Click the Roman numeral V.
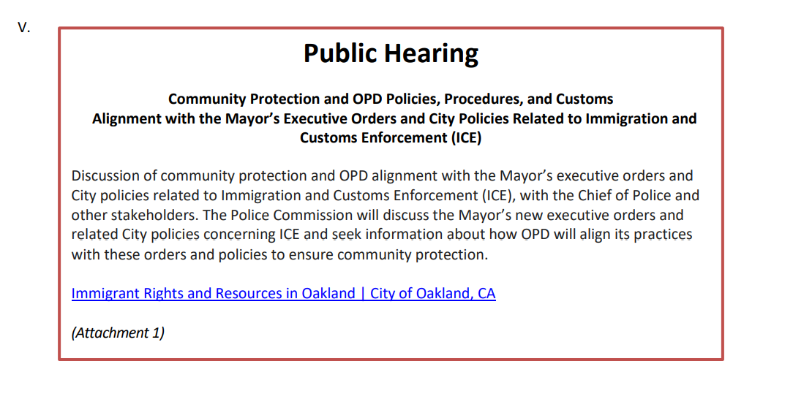click(x=23, y=28)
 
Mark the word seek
click(x=346, y=235)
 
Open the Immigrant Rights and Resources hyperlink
click(x=283, y=293)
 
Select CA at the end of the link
click(x=486, y=293)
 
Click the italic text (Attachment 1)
click(x=118, y=333)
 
